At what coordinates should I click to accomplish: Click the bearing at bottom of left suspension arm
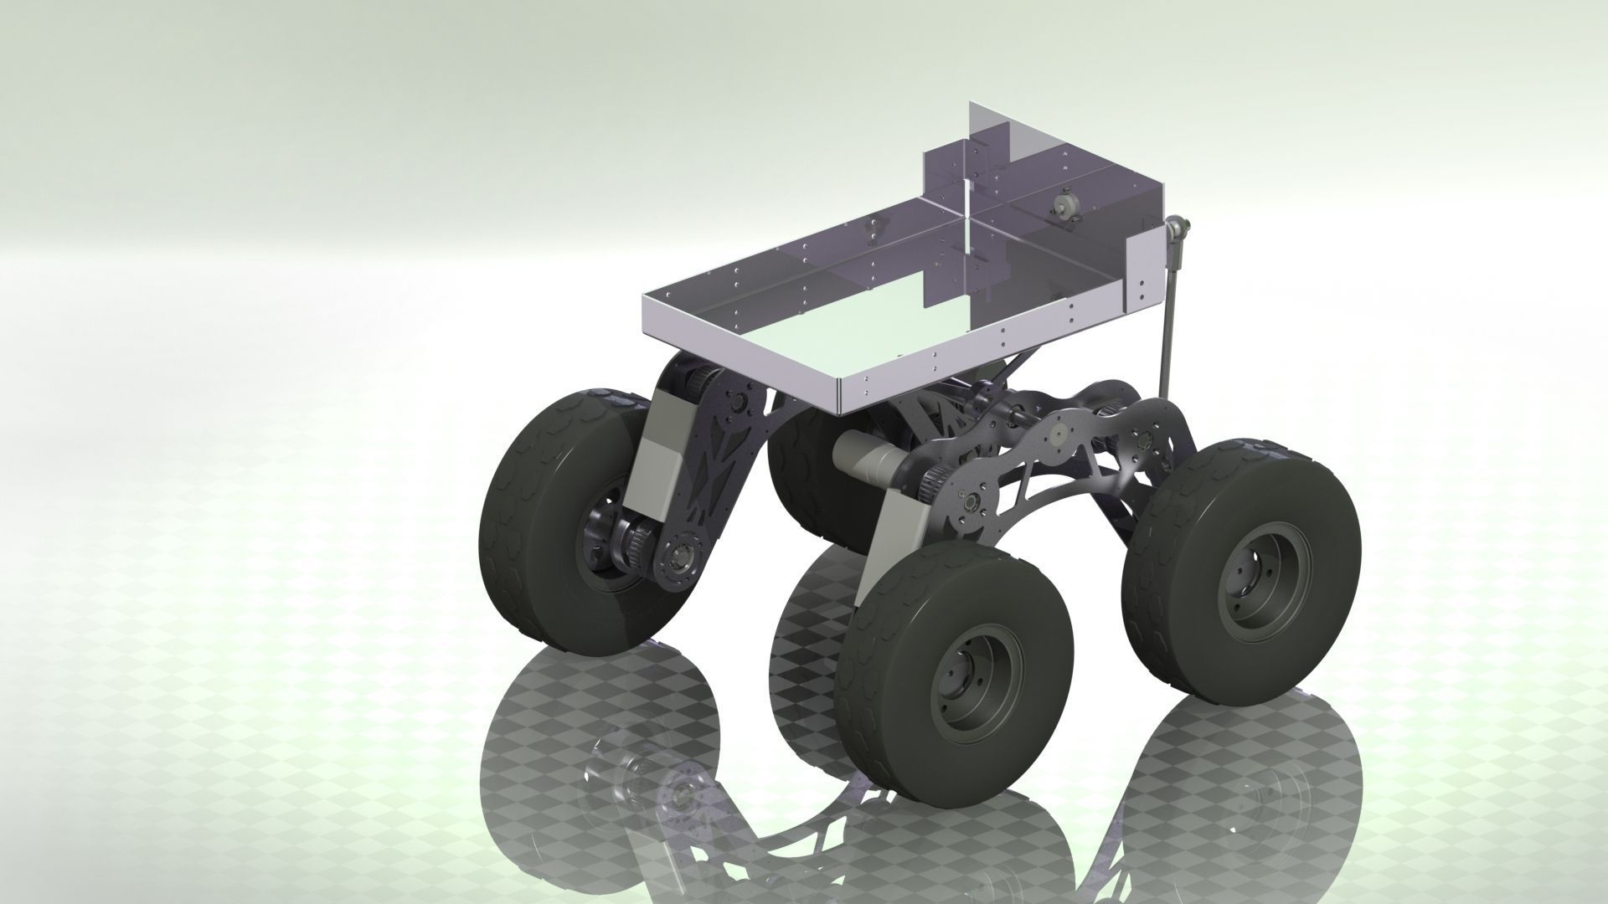click(680, 553)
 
